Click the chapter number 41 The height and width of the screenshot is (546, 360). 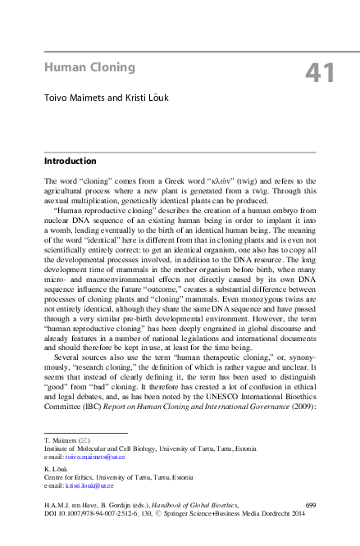point(320,73)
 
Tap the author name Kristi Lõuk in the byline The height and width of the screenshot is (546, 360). point(148,97)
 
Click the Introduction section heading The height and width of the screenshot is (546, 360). point(70,161)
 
